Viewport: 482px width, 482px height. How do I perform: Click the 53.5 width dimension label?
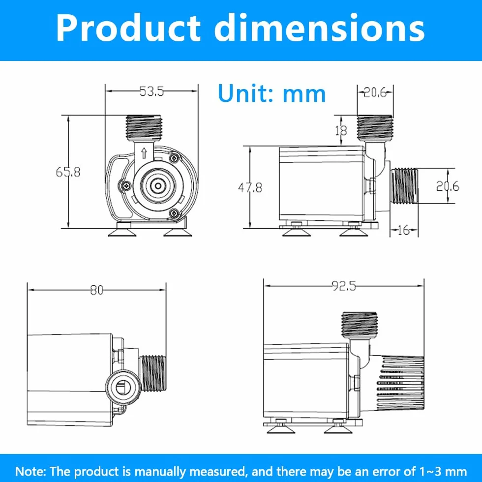[x=151, y=91]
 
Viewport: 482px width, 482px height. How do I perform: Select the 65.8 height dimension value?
[x=68, y=172]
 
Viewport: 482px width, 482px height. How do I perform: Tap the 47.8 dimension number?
[x=250, y=187]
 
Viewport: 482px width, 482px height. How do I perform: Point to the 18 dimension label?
[x=341, y=131]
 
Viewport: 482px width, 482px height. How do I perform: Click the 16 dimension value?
[x=404, y=230]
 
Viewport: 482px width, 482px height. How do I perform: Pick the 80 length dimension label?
[x=97, y=290]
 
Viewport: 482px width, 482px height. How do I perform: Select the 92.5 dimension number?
[x=344, y=286]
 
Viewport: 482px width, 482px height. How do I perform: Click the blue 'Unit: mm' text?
[x=271, y=93]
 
